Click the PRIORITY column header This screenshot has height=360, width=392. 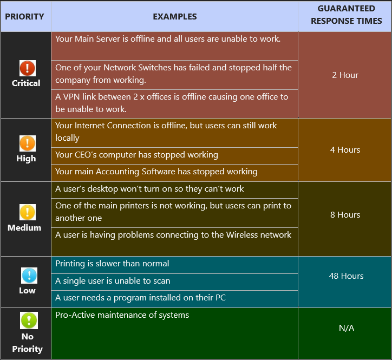point(25,16)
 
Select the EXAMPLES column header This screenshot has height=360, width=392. point(174,16)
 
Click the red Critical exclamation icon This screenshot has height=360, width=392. point(27,68)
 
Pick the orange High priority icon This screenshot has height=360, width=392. point(27,143)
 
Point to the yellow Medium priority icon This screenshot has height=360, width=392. point(27,212)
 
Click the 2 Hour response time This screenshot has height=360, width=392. point(345,75)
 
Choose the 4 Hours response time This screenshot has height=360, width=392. point(345,150)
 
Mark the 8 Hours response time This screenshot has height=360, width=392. point(345,215)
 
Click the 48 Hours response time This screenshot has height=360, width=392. point(346,276)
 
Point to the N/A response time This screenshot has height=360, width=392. point(346,328)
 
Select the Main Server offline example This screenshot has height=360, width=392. point(168,39)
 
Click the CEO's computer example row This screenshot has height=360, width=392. point(136,155)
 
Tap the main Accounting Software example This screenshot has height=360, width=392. point(156,172)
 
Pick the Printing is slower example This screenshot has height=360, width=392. point(112,264)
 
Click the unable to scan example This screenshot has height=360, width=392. point(113,281)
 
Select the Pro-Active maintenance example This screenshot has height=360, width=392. point(122,315)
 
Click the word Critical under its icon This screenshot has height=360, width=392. point(26,83)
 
